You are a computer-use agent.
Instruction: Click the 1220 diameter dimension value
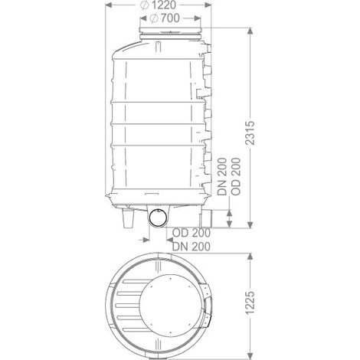click(163, 5)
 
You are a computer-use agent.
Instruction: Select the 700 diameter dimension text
click(171, 18)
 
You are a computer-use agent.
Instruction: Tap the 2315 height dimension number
click(250, 133)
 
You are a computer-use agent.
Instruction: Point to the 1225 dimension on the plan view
click(250, 303)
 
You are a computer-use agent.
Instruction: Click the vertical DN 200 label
click(222, 177)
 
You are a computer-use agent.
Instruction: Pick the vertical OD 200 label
click(236, 177)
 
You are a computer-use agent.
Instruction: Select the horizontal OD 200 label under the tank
click(191, 233)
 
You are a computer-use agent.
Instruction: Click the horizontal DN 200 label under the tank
click(191, 247)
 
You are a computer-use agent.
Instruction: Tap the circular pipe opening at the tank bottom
click(159, 218)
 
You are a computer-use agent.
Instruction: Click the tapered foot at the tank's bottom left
click(128, 218)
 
